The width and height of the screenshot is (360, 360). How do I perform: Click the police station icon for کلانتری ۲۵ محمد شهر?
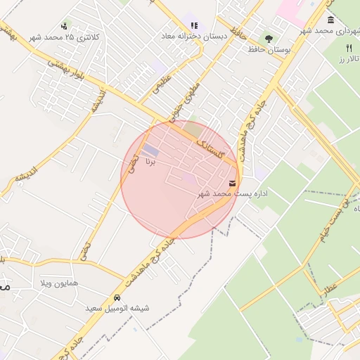pos(65,26)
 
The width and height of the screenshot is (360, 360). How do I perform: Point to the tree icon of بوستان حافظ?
pos(269,39)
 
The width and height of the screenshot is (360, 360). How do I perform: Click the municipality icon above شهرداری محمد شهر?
pos(330,19)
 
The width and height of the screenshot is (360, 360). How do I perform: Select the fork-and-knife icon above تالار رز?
pos(348,47)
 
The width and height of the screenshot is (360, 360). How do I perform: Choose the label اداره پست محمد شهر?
pos(233,193)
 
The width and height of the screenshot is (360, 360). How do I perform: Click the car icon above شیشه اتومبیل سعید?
pos(116,298)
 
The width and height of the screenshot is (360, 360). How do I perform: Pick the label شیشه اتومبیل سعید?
pos(116,309)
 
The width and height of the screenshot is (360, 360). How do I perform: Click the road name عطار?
pos(330,285)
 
